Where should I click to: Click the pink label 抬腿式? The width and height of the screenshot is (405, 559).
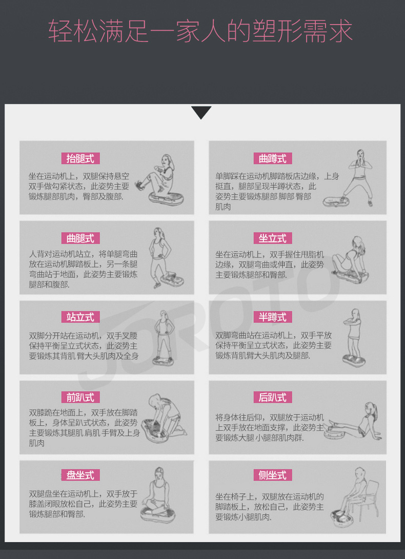coord(80,158)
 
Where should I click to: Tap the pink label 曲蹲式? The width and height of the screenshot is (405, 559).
coord(273,158)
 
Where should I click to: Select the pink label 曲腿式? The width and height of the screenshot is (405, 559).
coord(80,238)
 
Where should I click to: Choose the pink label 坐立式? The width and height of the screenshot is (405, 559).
coord(273,238)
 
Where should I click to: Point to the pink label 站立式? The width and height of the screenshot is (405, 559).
coord(80,317)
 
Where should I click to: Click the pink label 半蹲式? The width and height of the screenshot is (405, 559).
coord(273,317)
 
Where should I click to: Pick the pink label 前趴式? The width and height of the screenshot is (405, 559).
coord(80,397)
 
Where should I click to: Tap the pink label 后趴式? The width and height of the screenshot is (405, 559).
coord(273,397)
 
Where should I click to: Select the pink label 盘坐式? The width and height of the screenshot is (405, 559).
coord(80,475)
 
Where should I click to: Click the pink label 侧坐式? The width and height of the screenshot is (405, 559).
coord(273,475)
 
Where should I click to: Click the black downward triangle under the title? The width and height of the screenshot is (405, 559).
coord(201,112)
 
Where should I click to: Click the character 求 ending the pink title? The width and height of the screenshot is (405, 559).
coord(340,31)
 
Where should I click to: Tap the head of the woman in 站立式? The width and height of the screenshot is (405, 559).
coord(163,315)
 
